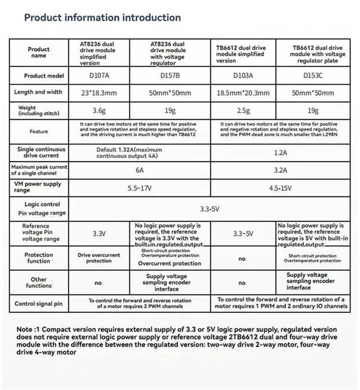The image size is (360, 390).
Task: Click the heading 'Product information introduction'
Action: (102, 17)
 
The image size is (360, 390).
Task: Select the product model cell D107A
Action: (98, 75)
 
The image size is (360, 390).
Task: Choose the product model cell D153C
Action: (316, 75)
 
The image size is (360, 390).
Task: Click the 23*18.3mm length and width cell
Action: (98, 92)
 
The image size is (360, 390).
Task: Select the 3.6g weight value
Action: (98, 111)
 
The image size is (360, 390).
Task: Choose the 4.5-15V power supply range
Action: (280, 187)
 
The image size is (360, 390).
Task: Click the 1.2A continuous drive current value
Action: (280, 152)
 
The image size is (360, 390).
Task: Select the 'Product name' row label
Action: (39, 52)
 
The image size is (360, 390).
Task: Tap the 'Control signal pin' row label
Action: (39, 304)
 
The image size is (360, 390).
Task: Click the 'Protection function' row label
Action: (39, 257)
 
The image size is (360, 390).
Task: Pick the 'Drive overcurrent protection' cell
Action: (98, 257)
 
